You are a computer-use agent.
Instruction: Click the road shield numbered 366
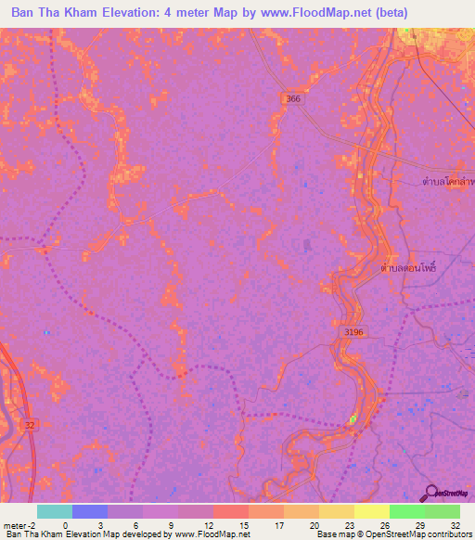[x=293, y=98]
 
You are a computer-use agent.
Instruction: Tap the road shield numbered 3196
[x=346, y=330]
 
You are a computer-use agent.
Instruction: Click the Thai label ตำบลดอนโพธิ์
[x=408, y=267]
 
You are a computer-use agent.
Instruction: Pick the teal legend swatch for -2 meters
[x=54, y=511]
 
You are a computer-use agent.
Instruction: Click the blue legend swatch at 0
[x=90, y=511]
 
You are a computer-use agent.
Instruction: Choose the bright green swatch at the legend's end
[x=442, y=511]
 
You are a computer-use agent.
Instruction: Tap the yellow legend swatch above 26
[x=372, y=511]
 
